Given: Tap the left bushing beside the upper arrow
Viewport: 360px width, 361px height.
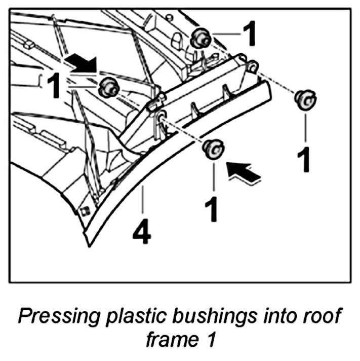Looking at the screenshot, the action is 107,87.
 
